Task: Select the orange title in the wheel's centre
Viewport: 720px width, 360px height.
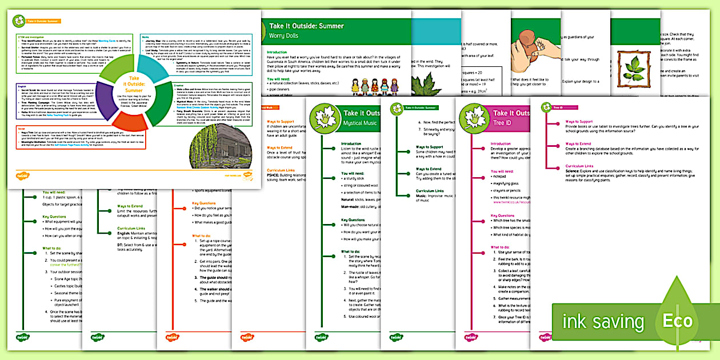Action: tap(133, 83)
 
